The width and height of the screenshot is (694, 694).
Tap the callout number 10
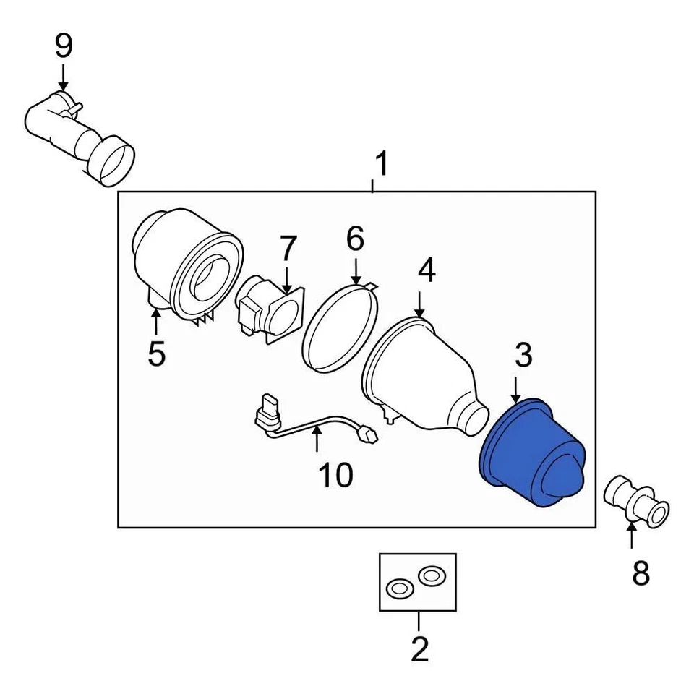point(335,475)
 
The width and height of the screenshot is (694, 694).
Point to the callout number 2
point(419,648)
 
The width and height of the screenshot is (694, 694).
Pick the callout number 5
point(156,354)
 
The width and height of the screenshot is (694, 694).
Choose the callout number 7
point(288,249)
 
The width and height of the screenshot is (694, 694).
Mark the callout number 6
point(355,239)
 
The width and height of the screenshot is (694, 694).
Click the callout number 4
point(427,271)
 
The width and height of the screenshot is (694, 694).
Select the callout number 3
point(523,355)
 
